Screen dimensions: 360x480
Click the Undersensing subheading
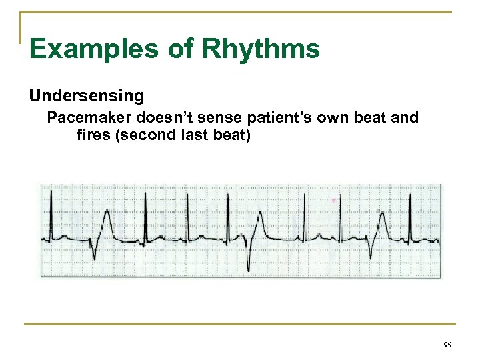coord(86,96)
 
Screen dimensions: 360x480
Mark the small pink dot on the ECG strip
coord(335,199)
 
